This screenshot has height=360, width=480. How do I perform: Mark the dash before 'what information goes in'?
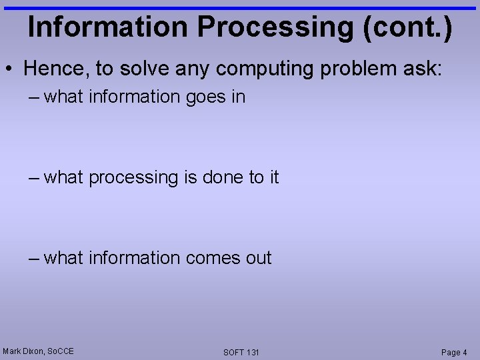(35, 97)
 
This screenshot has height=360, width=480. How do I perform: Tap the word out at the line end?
(257, 258)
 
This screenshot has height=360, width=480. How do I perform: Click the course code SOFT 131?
(241, 352)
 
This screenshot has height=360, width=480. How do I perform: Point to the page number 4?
(465, 352)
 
